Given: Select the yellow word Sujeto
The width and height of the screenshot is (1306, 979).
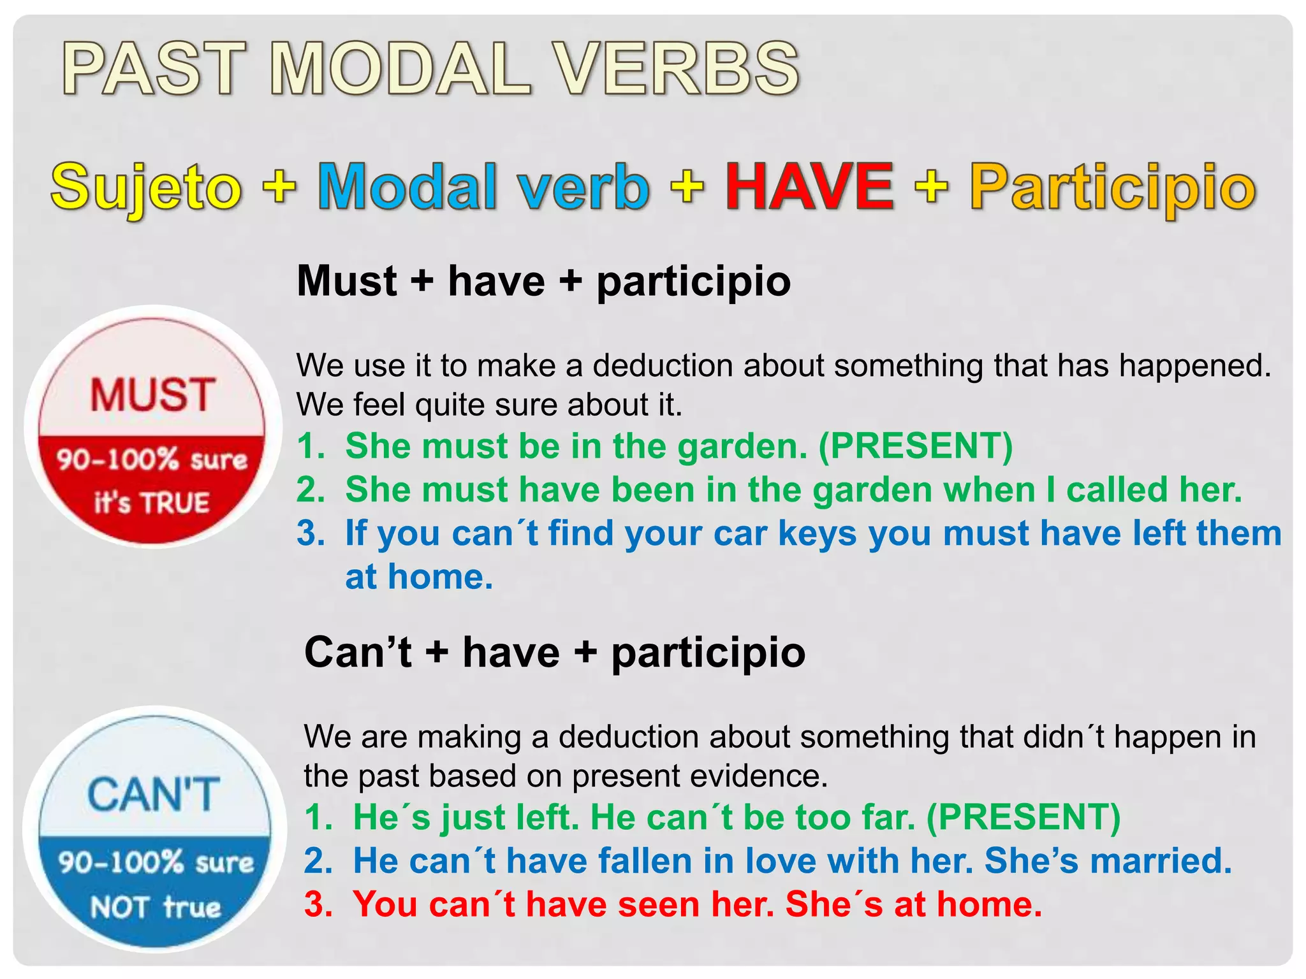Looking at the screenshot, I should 146,187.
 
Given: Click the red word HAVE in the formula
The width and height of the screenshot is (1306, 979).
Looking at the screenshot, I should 809,187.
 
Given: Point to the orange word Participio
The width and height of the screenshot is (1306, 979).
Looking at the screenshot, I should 1113,187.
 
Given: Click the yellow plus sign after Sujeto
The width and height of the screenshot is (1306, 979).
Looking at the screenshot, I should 279,187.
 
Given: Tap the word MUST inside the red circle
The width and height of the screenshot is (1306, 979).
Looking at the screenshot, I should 152,395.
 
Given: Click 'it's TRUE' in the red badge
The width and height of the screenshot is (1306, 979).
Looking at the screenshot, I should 152,502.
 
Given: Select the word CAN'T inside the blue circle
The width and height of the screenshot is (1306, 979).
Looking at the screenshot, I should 154,795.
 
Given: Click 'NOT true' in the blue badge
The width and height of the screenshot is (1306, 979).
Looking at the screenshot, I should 155,906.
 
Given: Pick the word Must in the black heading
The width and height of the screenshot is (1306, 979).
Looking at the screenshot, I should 347,281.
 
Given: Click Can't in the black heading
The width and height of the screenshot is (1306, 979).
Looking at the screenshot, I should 358,652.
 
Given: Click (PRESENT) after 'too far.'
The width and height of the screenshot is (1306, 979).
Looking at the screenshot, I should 1023,818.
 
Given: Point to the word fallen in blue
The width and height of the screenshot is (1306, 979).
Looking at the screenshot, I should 645,861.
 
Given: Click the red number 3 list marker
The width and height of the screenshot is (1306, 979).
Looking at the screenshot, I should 318,904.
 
